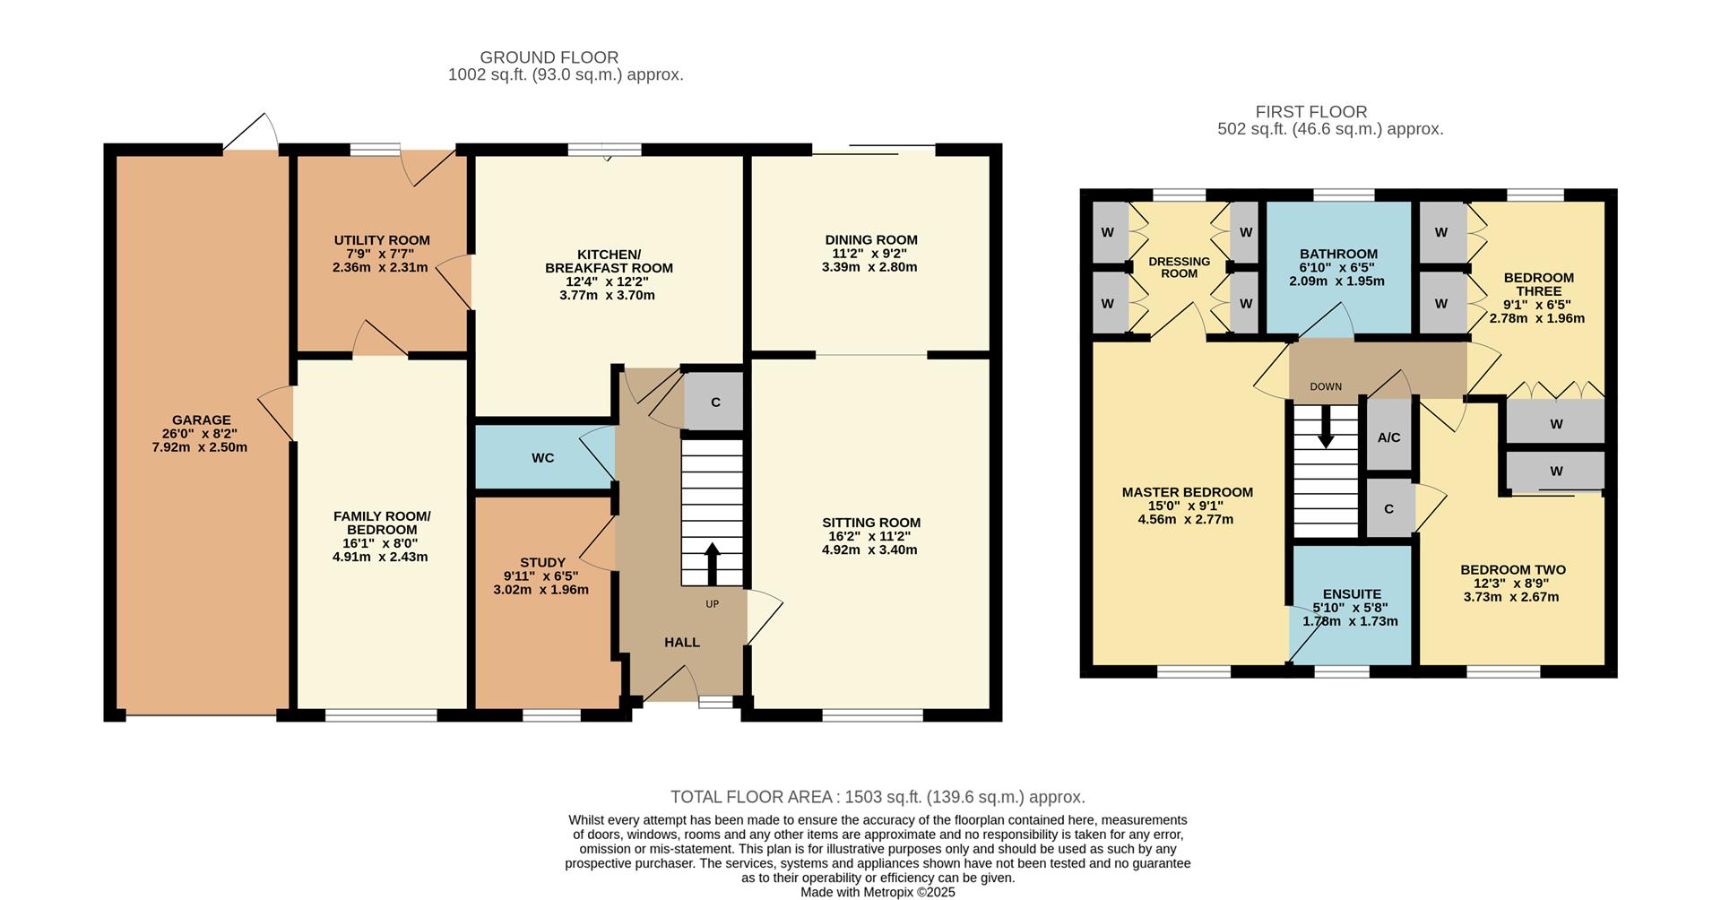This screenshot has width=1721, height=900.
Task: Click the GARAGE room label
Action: (x=202, y=420)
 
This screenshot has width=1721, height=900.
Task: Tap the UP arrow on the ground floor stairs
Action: (x=713, y=563)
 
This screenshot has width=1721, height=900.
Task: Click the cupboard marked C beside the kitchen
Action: (x=714, y=402)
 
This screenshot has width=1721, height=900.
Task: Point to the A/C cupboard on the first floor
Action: (x=1388, y=437)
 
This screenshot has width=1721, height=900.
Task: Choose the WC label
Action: (x=542, y=458)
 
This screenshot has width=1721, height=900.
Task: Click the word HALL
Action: (x=682, y=642)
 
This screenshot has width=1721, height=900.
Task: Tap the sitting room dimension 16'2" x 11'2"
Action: (x=870, y=536)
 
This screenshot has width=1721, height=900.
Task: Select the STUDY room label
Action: (x=542, y=563)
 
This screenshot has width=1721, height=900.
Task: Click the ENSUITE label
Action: (x=1352, y=593)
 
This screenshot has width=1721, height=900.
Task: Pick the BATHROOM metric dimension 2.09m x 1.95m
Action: (x=1336, y=281)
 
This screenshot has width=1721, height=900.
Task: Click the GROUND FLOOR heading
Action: (x=549, y=57)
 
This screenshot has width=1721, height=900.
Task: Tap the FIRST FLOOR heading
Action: (x=1310, y=112)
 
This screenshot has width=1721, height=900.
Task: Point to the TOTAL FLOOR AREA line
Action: (x=878, y=797)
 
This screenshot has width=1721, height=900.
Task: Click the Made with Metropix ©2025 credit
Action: (x=878, y=892)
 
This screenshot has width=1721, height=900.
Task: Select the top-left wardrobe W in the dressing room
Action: (x=1108, y=233)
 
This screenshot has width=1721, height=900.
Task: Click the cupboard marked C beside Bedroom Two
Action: (x=1388, y=509)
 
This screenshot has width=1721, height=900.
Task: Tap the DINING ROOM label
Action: (x=871, y=239)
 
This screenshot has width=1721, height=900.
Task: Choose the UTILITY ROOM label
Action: (x=382, y=240)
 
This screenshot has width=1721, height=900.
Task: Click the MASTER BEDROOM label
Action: (x=1187, y=492)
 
